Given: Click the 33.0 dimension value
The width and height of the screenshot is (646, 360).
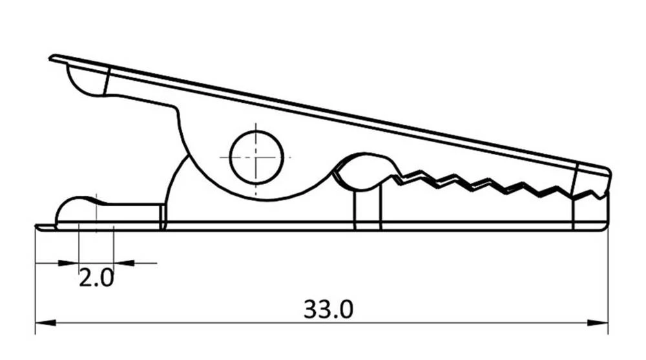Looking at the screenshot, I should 328,309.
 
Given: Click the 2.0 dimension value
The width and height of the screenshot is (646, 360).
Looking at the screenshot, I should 96,279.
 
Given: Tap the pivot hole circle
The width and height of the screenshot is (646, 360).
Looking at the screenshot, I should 256,157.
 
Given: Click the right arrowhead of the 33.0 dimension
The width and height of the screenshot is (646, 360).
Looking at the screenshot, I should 600,322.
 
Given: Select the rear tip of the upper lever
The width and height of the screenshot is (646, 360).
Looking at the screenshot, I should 52,59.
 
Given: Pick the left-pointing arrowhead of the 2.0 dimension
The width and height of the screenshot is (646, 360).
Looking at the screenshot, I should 123,263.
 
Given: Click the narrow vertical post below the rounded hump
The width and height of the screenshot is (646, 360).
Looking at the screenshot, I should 368,207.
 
